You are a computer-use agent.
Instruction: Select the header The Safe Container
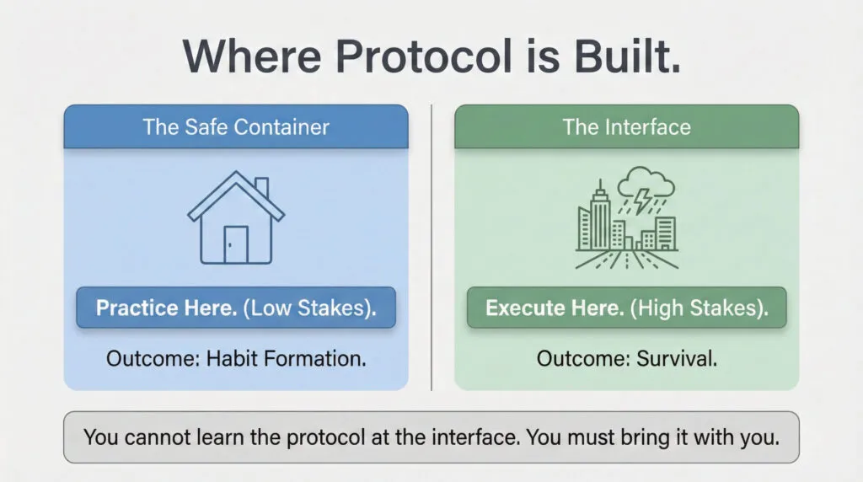[236, 127]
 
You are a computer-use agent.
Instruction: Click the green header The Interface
[626, 127]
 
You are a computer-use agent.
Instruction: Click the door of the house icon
[236, 244]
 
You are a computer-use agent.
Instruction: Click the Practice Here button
[236, 308]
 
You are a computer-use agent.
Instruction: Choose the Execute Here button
[626, 308]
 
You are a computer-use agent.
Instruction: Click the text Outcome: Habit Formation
[236, 358]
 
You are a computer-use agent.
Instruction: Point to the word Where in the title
[254, 56]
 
